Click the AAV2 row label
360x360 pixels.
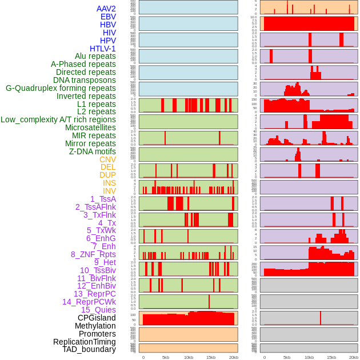point(106,9)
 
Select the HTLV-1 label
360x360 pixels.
point(102,49)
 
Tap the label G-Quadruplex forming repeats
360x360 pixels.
point(61,88)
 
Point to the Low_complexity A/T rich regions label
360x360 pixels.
point(58,119)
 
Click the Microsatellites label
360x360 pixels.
point(90,127)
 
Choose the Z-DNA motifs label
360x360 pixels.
point(92,151)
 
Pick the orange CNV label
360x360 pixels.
point(107,159)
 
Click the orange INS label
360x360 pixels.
point(109,183)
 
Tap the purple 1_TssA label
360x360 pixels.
point(103,199)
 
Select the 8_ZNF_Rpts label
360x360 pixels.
point(93,254)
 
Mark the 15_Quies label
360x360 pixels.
point(98,310)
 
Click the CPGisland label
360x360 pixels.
point(97,318)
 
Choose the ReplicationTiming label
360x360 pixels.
point(84,342)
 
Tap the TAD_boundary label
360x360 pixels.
point(89,349)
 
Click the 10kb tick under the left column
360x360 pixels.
point(188,357)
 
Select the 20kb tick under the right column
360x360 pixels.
point(354,357)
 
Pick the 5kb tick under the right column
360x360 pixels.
point(286,357)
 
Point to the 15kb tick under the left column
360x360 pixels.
point(211,357)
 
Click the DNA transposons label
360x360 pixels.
point(85,80)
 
